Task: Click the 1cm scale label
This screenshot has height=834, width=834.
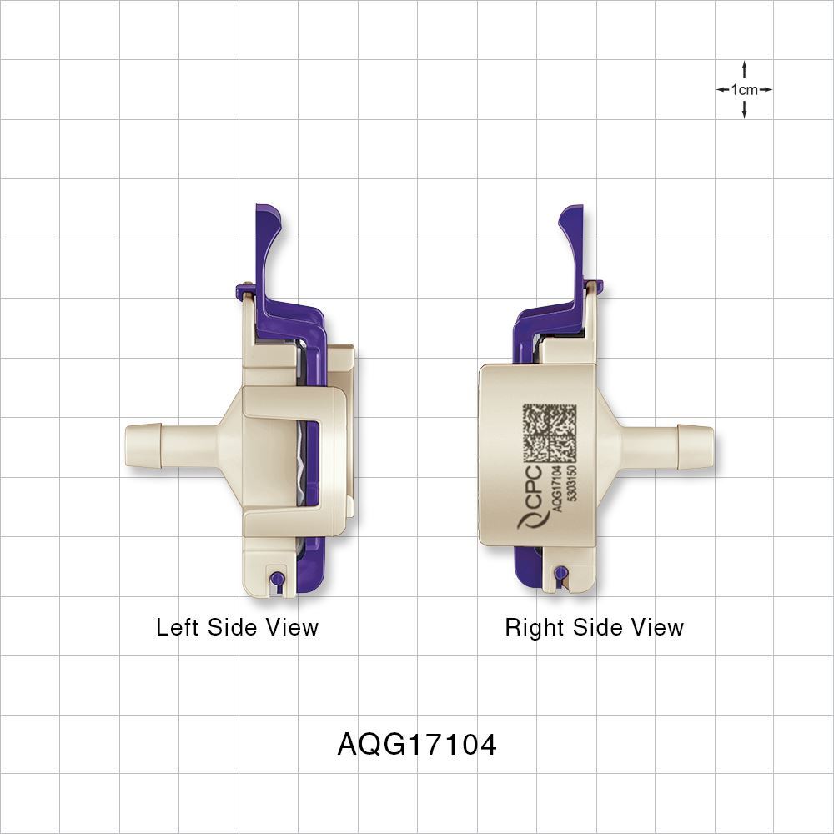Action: click(x=744, y=89)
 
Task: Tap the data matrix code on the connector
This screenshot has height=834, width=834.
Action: click(x=550, y=433)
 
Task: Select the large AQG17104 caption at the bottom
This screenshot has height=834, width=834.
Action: click(x=417, y=744)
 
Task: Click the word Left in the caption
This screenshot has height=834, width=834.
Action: click(x=178, y=627)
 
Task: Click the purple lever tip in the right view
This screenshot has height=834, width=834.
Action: click(x=570, y=219)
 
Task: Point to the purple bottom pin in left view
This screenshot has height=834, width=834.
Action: click(x=278, y=577)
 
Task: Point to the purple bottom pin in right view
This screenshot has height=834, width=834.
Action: click(x=561, y=572)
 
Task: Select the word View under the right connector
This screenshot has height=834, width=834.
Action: click(x=655, y=627)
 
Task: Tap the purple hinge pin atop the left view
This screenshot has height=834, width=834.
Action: click(x=243, y=291)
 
